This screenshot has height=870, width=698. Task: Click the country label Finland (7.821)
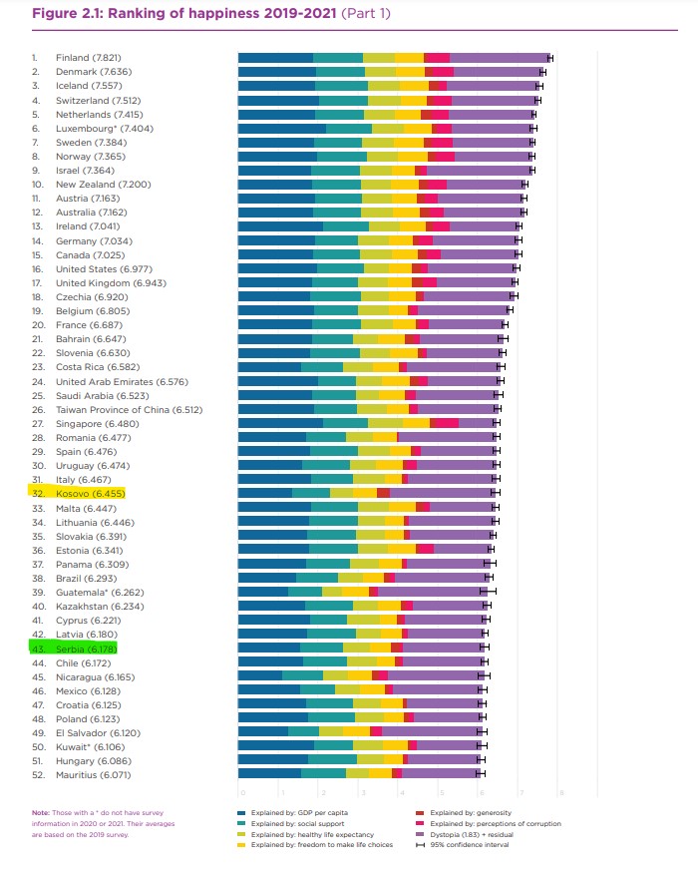89,58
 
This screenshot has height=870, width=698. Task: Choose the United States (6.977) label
104,268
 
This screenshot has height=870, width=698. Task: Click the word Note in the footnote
40,811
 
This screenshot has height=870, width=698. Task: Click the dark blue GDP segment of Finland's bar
275,58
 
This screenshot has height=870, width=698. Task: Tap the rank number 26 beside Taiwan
37,409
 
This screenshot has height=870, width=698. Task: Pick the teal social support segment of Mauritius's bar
323,773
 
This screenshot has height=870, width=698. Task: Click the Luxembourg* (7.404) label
104,129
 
